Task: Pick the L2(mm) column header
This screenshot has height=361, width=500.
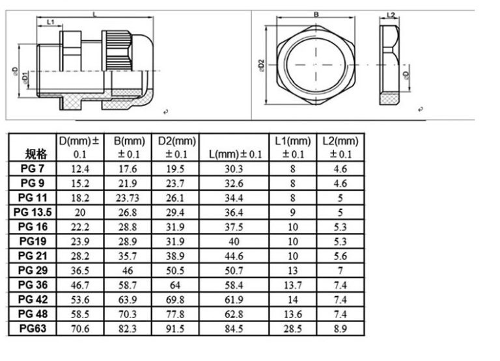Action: tap(340, 147)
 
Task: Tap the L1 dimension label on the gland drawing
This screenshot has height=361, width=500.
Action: tap(50, 22)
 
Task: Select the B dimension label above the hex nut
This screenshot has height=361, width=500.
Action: tap(316, 14)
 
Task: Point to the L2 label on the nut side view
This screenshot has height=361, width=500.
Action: tap(392, 14)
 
